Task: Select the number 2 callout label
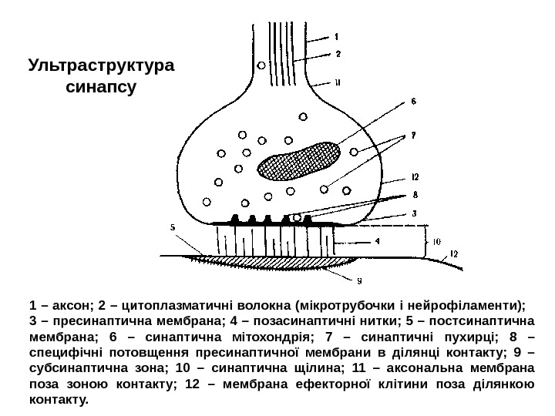pyautogui.click(x=338, y=54)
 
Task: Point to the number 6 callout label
pyautogui.click(x=413, y=101)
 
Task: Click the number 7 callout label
pyautogui.click(x=413, y=136)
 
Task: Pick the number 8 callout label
pyautogui.click(x=415, y=195)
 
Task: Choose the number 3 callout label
pyautogui.click(x=414, y=214)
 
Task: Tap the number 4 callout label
pyautogui.click(x=377, y=241)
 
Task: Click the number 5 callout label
pyautogui.click(x=173, y=227)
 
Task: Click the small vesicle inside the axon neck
pyautogui.click(x=262, y=65)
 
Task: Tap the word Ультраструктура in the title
pyautogui.click(x=101, y=65)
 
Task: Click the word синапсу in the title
pyautogui.click(x=101, y=87)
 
